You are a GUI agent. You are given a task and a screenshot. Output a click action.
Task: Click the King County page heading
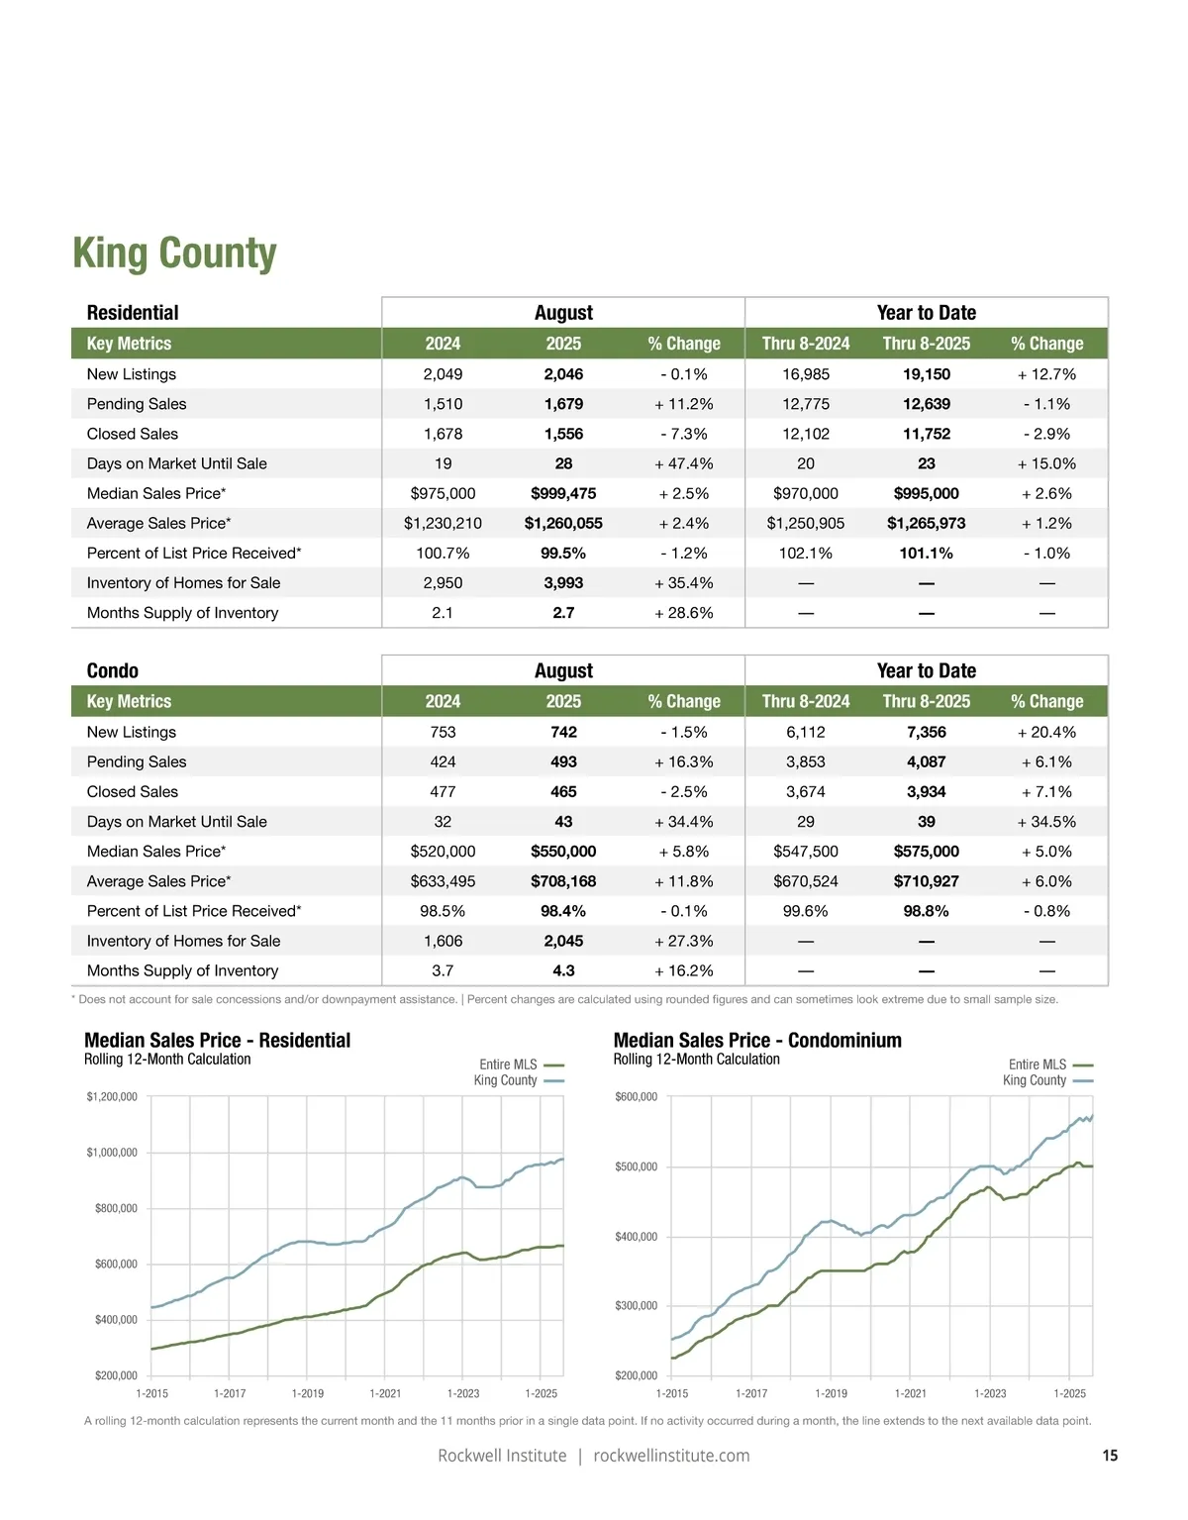click(x=174, y=253)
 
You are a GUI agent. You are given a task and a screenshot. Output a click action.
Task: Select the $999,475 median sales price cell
click(x=563, y=493)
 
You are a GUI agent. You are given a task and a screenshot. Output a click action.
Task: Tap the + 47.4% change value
click(x=683, y=463)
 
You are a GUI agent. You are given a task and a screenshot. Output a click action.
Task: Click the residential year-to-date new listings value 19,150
click(x=926, y=374)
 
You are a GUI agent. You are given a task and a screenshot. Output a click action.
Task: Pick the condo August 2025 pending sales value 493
click(x=563, y=761)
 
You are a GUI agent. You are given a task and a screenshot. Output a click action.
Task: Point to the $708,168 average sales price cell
click(x=563, y=881)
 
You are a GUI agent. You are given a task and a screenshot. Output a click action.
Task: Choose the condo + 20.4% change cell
click(x=1046, y=732)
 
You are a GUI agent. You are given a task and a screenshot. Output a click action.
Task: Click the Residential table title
click(x=133, y=313)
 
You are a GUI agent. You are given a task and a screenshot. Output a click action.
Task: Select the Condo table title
click(x=113, y=670)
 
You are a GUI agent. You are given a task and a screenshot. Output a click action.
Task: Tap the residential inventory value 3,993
click(x=563, y=583)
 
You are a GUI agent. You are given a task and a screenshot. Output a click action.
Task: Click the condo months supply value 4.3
click(x=563, y=970)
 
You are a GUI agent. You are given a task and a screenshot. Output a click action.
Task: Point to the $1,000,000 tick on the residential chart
click(x=112, y=1153)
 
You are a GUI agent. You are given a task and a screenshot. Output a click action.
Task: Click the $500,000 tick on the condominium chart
click(x=636, y=1166)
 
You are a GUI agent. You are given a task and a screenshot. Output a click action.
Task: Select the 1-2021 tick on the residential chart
click(x=385, y=1393)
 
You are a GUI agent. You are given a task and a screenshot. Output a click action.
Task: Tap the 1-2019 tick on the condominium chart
click(x=831, y=1393)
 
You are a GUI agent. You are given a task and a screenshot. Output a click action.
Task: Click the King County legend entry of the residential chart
click(x=506, y=1080)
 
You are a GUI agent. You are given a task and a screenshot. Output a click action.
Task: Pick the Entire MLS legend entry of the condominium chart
click(x=1038, y=1064)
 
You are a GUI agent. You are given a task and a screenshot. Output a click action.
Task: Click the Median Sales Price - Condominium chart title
click(x=757, y=1040)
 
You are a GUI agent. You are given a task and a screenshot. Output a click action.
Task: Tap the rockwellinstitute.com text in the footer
click(x=671, y=1456)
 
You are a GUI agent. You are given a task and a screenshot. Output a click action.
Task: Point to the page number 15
click(x=1110, y=1456)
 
